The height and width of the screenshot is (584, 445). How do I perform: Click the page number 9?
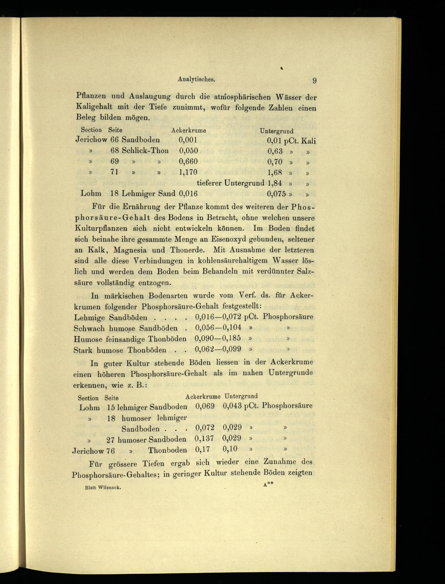coord(314,81)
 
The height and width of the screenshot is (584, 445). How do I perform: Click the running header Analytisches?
coord(196,79)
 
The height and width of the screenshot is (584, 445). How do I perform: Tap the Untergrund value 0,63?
coord(275,151)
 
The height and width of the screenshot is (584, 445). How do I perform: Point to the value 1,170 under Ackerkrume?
coord(188,172)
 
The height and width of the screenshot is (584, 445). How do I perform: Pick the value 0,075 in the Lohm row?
coord(276,194)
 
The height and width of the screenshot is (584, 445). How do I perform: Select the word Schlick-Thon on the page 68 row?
coord(145,151)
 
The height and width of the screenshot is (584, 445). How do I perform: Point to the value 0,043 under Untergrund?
coord(232,406)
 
